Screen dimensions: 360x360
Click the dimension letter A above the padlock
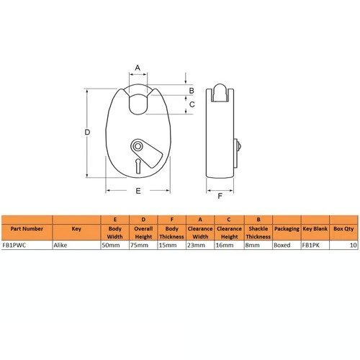pos(138,68)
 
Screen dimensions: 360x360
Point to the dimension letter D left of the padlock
pos(88,132)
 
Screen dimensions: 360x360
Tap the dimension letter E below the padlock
pos(138,191)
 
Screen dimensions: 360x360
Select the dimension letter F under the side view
pos(220,196)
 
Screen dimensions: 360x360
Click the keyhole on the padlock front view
pos(138,166)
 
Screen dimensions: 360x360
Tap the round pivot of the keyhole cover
pos(138,146)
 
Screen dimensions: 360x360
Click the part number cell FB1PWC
pos(14,246)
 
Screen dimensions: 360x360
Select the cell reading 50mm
pos(111,246)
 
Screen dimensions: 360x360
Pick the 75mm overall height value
pos(139,246)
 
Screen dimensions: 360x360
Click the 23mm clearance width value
pos(196,246)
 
